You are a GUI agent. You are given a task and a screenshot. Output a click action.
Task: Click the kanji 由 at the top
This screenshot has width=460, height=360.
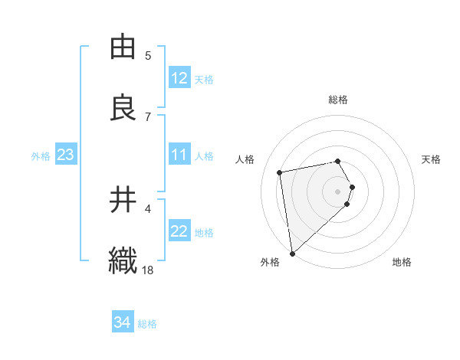(123, 47)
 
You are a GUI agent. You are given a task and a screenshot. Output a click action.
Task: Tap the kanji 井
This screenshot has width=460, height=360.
(123, 200)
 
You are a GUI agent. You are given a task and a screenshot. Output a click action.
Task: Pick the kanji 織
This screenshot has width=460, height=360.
(123, 260)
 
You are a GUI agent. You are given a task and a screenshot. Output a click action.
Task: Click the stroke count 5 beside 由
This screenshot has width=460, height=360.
(148, 55)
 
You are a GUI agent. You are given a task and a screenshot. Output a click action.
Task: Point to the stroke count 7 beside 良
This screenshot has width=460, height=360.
(148, 116)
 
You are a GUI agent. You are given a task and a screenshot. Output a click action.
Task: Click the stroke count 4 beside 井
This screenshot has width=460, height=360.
(148, 208)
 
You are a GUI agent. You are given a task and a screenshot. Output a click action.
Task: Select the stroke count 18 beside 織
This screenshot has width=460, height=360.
(148, 270)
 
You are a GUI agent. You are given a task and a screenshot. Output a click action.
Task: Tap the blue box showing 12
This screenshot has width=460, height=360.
(179, 79)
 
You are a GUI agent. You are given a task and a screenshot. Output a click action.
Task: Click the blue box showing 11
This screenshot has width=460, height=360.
(179, 155)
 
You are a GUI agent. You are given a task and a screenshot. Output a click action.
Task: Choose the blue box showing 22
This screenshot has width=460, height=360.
(179, 232)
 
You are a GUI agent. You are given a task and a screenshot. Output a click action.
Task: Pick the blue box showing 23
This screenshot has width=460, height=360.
(66, 155)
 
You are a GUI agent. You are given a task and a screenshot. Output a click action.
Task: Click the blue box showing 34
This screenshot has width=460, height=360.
(123, 323)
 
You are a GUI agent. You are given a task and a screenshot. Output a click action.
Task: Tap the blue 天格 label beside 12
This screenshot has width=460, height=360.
(204, 80)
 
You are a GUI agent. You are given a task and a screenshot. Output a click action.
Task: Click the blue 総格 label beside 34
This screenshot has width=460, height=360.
(147, 324)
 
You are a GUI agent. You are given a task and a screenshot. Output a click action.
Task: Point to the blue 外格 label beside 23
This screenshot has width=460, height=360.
(41, 156)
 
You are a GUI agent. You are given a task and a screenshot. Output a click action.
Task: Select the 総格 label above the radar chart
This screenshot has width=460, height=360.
(338, 100)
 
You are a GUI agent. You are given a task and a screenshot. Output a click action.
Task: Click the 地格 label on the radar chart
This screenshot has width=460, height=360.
(402, 262)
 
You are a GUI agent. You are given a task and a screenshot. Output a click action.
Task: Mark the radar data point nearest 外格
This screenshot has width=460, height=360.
(291, 253)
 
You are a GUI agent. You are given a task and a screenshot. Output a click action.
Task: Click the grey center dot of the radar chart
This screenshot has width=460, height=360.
(337, 191)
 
